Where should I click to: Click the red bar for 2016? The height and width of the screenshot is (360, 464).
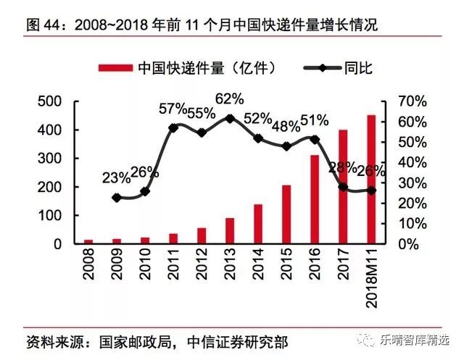click(x=315, y=199)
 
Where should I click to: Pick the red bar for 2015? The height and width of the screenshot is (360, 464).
click(x=286, y=214)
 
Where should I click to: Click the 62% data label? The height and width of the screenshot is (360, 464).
click(x=230, y=99)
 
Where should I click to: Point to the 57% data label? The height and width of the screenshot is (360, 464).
click(x=174, y=109)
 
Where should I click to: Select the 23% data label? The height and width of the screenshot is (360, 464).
click(x=116, y=177)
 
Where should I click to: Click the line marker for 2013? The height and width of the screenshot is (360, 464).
click(x=230, y=118)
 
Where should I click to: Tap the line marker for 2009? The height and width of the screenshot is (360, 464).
click(x=117, y=197)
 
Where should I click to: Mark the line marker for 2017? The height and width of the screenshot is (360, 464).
click(x=343, y=187)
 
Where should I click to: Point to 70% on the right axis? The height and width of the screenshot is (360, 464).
click(x=405, y=101)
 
